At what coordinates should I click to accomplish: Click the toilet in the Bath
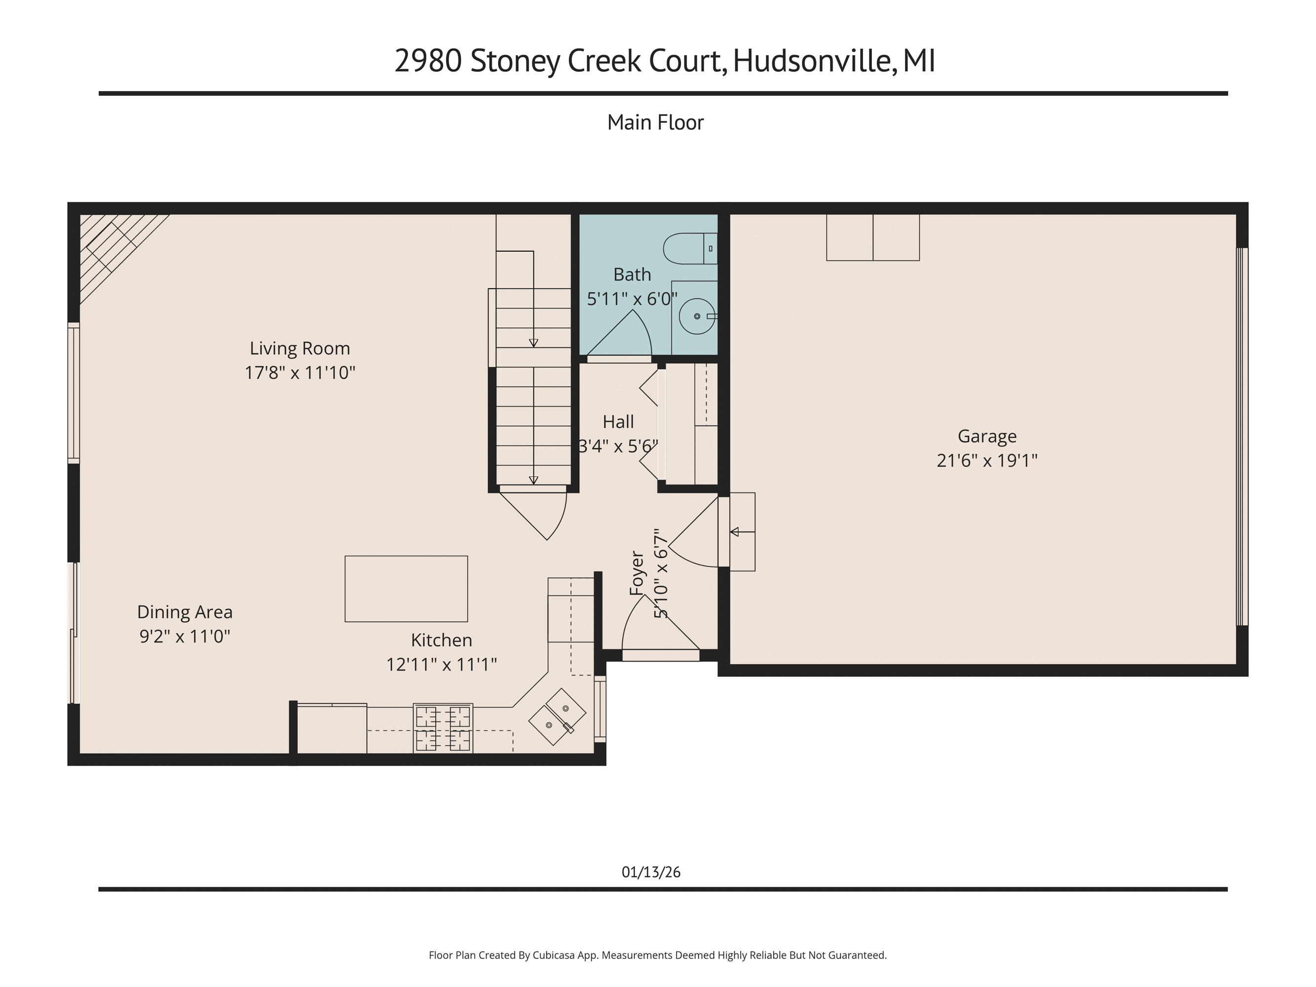[x=689, y=249]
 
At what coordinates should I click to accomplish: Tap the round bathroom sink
[x=697, y=316]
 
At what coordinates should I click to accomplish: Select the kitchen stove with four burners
[x=443, y=728]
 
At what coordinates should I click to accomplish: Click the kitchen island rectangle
[x=406, y=588]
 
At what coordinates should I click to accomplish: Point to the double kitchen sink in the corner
[x=558, y=716]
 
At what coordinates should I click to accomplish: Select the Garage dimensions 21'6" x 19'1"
[x=987, y=460]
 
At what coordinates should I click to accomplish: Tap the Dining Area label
[x=185, y=611]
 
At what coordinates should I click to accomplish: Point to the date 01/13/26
[x=651, y=872]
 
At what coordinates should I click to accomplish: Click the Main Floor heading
[x=655, y=122]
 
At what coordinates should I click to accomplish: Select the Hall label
[x=618, y=422]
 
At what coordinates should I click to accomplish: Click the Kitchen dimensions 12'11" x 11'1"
[x=442, y=664]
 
